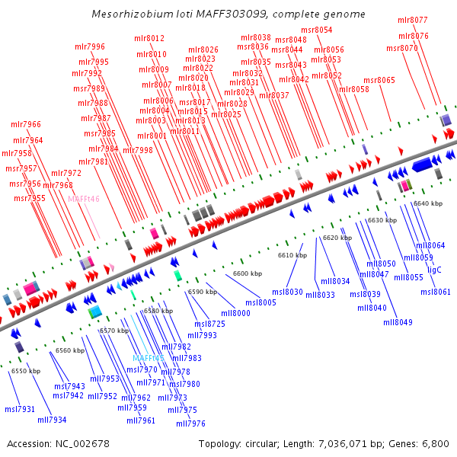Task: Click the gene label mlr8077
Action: coord(413,20)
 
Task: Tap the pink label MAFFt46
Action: coord(84,199)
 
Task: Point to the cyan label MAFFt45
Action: coord(149,358)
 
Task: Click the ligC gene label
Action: coord(434,270)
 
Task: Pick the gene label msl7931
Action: coord(20,409)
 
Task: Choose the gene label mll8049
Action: coord(398,322)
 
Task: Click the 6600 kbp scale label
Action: coord(248,273)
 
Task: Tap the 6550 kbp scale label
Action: coord(26,371)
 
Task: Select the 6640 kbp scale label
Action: coord(427,203)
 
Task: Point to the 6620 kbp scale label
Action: coord(337,238)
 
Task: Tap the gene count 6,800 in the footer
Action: coord(436,443)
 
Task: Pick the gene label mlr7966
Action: coord(26,124)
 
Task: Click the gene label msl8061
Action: coord(436,292)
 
